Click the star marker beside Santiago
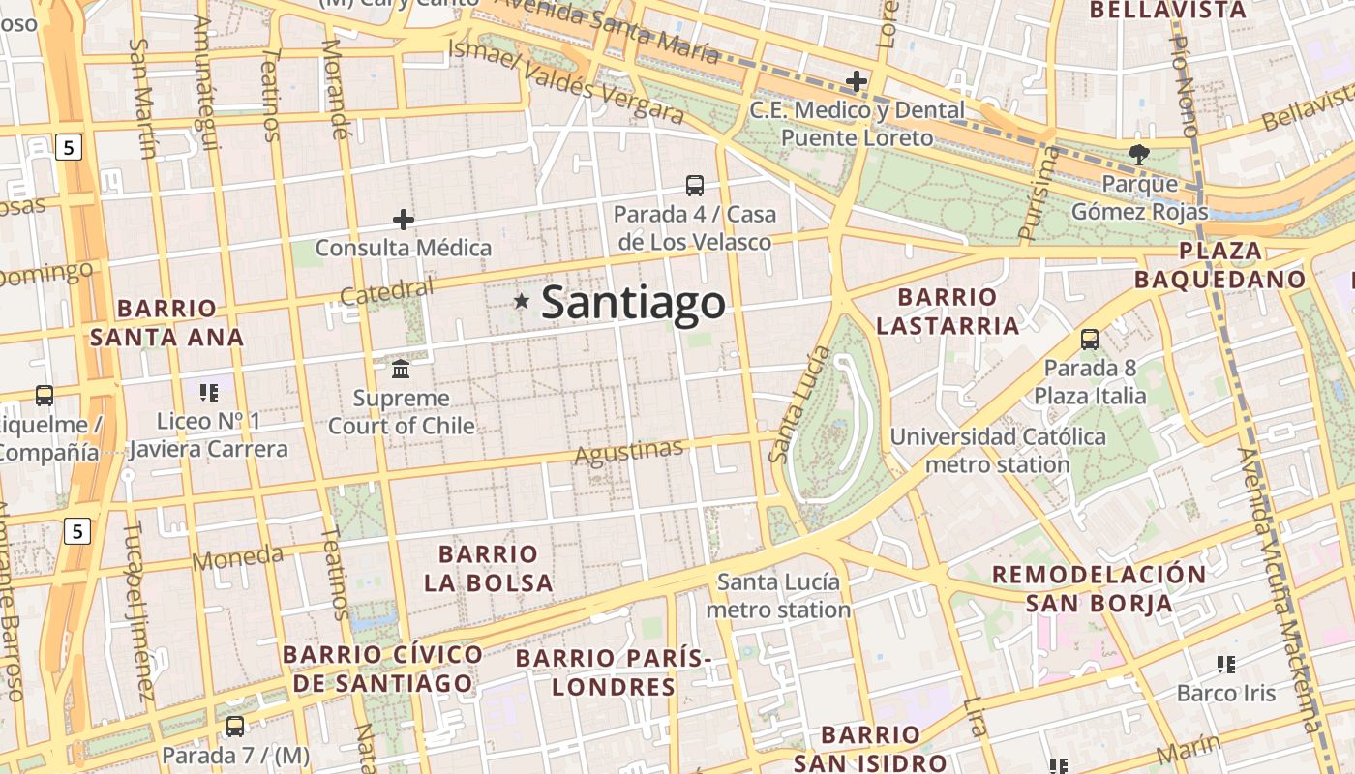[x=522, y=301]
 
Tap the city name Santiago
[x=633, y=303]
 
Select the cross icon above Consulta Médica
[x=404, y=220]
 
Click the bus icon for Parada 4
[x=694, y=185]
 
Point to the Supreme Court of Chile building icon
[x=401, y=369]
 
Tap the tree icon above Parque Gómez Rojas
[x=1139, y=154]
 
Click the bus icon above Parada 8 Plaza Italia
[x=1089, y=339]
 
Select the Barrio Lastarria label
[x=948, y=311]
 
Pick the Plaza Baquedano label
[x=1220, y=265]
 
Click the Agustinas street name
[x=629, y=451]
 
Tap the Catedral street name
[x=387, y=290]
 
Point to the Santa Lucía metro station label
[x=778, y=596]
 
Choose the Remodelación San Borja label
[x=1099, y=588]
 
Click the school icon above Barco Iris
[x=1226, y=664]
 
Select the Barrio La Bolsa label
[x=488, y=568]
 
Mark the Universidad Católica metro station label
[x=998, y=450]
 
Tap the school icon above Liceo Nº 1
[x=208, y=392]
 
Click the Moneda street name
[x=238, y=558]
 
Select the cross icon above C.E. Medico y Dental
[x=857, y=81]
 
